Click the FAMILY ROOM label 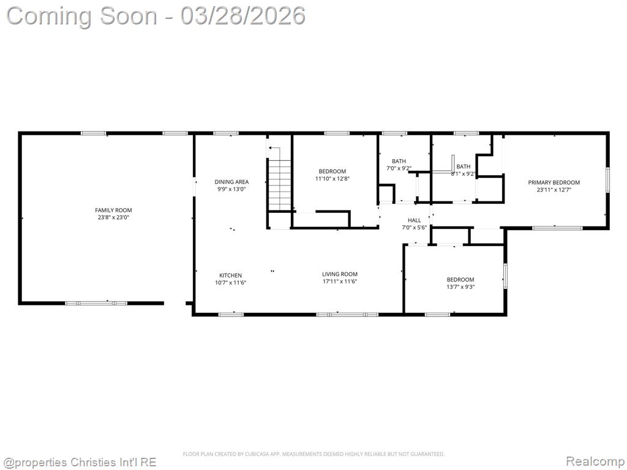[x=113, y=211]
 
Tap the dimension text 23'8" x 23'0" [x=113, y=217]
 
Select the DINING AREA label [x=231, y=182]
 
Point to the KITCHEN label [x=230, y=275]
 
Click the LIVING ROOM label [x=340, y=274]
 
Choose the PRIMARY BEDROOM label [x=554, y=182]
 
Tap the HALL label [x=415, y=220]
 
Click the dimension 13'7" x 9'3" [x=460, y=287]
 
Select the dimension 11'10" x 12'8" [x=332, y=179]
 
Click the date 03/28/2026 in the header [x=242, y=16]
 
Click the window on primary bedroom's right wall [x=607, y=181]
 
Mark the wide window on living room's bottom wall [x=348, y=315]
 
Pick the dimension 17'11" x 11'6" [x=340, y=282]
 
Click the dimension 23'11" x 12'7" [x=554, y=190]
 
